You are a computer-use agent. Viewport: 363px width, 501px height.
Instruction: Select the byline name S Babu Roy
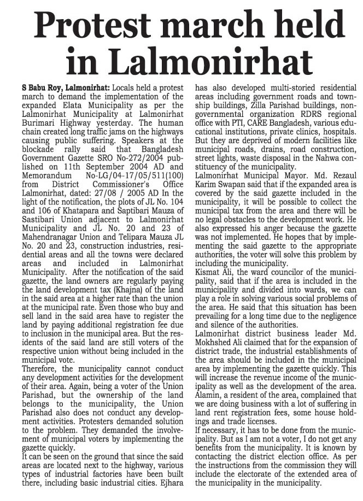[36, 89]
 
